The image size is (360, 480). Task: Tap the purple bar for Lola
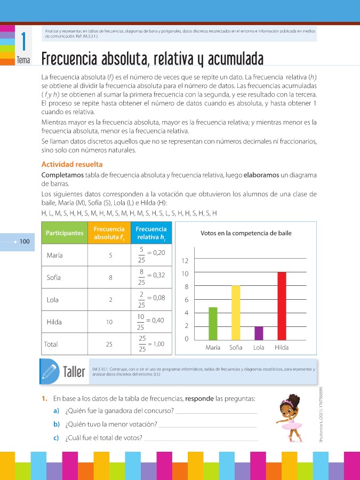pos(259,333)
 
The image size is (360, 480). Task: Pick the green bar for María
pos(213,323)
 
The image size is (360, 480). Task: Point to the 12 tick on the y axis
pos(186,261)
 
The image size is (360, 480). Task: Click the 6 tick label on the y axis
pos(186,300)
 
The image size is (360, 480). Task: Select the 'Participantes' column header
pos(65,233)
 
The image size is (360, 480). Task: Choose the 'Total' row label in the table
pos(51,345)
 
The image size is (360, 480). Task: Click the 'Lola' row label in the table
pos(53,300)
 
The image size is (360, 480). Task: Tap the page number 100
pos(25,242)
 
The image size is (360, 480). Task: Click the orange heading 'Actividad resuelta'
pos(72,164)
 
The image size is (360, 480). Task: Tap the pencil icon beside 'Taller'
pos(49,370)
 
